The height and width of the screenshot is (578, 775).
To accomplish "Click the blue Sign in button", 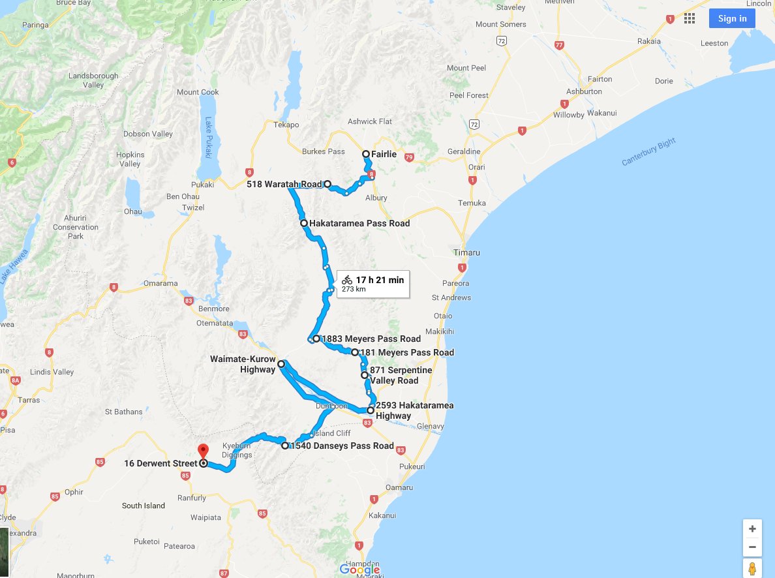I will (x=732, y=18).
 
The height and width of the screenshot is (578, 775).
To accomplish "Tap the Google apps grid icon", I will (x=689, y=18).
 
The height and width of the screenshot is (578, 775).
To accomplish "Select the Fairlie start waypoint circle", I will (x=366, y=155).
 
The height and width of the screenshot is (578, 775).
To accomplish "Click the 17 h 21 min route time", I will (x=379, y=280).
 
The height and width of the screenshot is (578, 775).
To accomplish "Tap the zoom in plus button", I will (x=752, y=528).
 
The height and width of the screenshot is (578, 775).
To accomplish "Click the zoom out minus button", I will (x=752, y=547).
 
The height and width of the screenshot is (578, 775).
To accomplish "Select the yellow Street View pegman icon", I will (x=752, y=568).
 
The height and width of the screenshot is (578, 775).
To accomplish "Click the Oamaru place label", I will (x=399, y=487).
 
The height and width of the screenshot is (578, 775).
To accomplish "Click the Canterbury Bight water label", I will (x=648, y=152).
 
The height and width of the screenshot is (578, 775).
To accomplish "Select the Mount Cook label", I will (x=197, y=92).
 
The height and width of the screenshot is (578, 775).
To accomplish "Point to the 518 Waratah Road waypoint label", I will (x=284, y=185).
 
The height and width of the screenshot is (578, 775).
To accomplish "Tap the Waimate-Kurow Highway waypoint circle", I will (x=281, y=364).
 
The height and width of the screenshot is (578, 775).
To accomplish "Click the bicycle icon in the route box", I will (x=346, y=280).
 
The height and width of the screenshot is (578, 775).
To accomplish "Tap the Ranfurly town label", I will (x=192, y=498).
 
